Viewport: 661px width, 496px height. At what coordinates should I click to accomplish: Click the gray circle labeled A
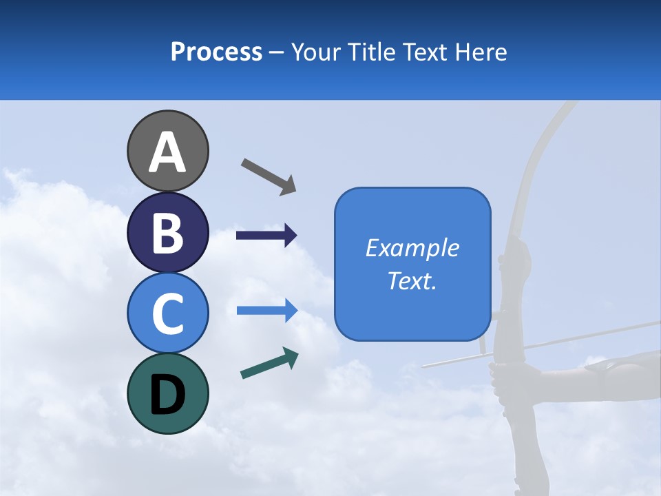point(167,151)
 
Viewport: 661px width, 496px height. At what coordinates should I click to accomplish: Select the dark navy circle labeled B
point(167,232)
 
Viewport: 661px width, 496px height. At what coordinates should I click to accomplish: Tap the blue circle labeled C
point(167,313)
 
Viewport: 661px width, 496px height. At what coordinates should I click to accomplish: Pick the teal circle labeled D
point(167,393)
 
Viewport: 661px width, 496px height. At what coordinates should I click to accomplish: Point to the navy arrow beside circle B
point(266,236)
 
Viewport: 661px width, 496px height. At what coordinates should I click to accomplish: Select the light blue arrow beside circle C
point(266,311)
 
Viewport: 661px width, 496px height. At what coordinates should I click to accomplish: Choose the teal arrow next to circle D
point(269,363)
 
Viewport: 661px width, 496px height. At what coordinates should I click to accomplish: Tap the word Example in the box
point(412,248)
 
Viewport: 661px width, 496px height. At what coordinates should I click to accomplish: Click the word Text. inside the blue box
point(412,281)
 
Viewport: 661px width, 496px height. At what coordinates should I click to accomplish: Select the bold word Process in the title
point(216,52)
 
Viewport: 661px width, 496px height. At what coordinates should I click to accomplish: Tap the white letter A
point(167,152)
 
